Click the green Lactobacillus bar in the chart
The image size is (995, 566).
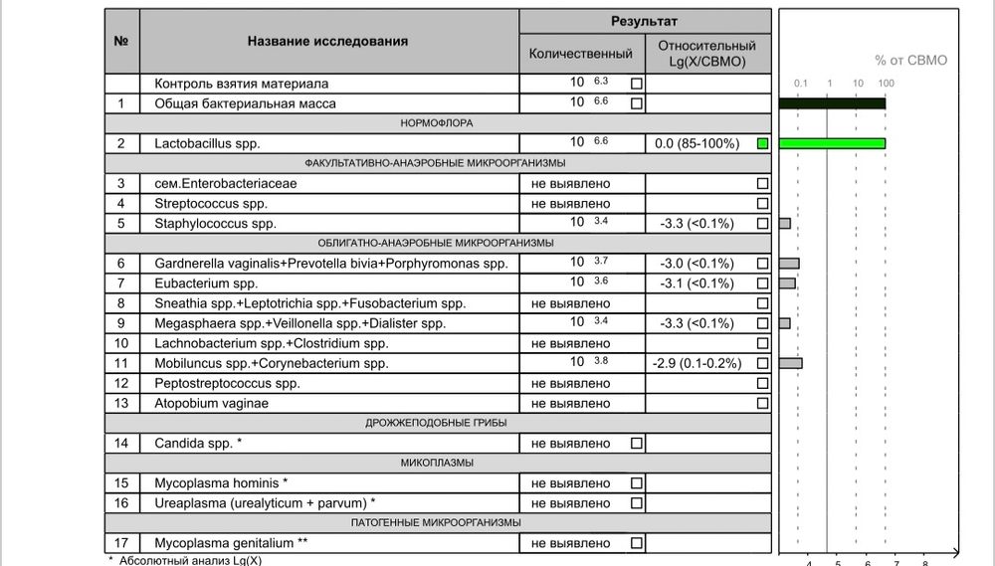(x=832, y=144)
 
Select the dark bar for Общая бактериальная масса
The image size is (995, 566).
(x=832, y=103)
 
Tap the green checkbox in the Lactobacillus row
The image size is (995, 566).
(x=762, y=144)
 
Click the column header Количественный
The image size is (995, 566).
(x=581, y=53)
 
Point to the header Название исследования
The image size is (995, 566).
(x=327, y=42)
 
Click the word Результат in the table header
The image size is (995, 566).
(x=644, y=21)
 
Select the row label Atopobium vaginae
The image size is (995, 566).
(x=211, y=403)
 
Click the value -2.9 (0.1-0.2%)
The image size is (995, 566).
(x=696, y=363)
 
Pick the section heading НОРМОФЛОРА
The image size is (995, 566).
(x=437, y=123)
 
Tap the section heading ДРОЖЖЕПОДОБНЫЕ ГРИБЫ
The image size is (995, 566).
(x=437, y=423)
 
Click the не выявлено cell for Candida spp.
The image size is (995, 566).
(x=571, y=443)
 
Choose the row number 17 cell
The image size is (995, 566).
(x=121, y=543)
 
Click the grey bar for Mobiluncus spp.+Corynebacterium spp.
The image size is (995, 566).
(x=790, y=363)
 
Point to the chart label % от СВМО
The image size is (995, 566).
(x=910, y=61)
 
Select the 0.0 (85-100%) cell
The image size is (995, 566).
(x=696, y=144)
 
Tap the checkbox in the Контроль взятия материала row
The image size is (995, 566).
(x=637, y=84)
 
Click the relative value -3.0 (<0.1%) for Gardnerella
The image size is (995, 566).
(x=696, y=264)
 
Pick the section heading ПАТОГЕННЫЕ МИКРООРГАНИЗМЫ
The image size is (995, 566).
(x=437, y=522)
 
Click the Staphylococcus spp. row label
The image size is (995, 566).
(x=215, y=223)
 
